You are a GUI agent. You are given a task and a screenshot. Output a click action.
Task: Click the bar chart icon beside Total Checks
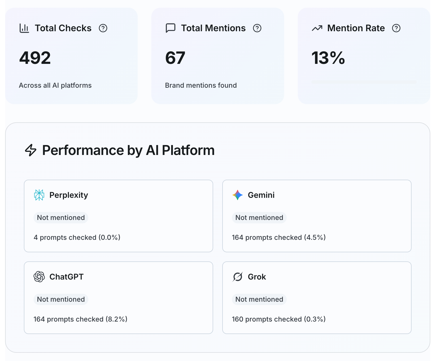[x=24, y=28]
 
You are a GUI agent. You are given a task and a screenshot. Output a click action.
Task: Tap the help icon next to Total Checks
[x=103, y=28]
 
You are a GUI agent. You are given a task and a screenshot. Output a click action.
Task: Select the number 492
[x=35, y=58]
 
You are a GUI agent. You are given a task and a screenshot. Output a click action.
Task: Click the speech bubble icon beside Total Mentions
[x=170, y=28]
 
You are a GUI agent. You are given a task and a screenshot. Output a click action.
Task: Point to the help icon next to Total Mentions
[x=257, y=28]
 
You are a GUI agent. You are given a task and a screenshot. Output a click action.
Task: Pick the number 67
[x=175, y=58]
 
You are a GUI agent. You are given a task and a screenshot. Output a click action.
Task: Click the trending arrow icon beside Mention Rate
[x=317, y=28]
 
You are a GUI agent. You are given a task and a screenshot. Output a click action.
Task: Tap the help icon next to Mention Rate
[x=396, y=28]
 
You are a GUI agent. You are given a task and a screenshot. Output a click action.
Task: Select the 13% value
[x=328, y=58]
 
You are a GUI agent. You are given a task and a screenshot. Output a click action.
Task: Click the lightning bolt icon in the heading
[x=31, y=150]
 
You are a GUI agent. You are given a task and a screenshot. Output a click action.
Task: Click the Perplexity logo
[x=39, y=195]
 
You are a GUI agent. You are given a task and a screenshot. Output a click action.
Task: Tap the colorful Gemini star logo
[x=238, y=195]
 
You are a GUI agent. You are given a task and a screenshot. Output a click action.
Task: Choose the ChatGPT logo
[x=39, y=277]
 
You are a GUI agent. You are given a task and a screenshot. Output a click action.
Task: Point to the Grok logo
[x=238, y=277]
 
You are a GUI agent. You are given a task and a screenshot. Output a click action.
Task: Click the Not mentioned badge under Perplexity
[x=61, y=218]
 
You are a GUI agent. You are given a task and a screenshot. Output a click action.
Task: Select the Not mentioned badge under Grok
[x=259, y=299]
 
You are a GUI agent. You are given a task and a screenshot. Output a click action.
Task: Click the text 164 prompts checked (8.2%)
[x=80, y=319]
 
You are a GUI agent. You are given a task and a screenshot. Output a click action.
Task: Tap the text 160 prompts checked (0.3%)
[x=278, y=319]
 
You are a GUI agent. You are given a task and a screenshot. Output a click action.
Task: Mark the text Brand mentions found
[x=201, y=85]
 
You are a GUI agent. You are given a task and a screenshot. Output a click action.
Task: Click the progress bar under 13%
[x=364, y=82]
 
